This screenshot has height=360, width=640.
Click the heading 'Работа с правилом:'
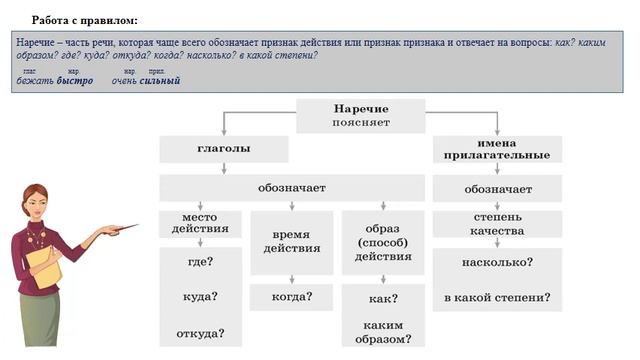[x=85, y=20]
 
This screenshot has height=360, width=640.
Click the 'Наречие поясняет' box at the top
[x=361, y=115]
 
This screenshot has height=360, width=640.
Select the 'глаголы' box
[x=223, y=149]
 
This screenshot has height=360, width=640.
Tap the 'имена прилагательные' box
[x=497, y=149]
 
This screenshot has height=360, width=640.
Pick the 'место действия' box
[x=199, y=223]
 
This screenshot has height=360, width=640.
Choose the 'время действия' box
[x=291, y=241]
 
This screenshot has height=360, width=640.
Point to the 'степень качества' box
[x=497, y=224]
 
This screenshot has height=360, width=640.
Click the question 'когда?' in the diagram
[x=291, y=297]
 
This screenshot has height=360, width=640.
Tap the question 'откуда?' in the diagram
[x=199, y=333]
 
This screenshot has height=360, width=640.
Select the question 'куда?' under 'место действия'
[x=199, y=297]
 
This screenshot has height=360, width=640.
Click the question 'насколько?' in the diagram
[x=497, y=262]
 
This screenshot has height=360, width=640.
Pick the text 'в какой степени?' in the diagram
[x=497, y=298]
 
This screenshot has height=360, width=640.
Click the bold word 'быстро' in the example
[x=75, y=81]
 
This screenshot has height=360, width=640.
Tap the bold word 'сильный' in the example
[x=160, y=81]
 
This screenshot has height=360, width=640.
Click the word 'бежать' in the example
[x=36, y=81]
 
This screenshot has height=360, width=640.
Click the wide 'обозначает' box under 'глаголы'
[x=291, y=187]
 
